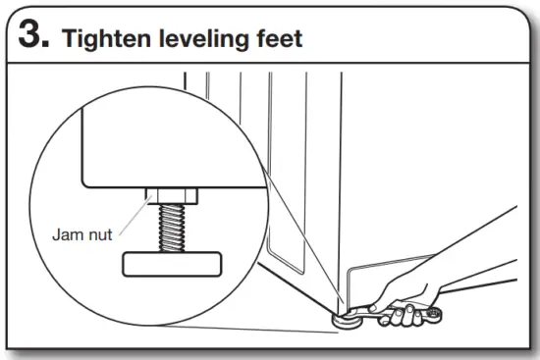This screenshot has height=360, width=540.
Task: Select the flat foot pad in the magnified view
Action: pyautogui.click(x=171, y=264)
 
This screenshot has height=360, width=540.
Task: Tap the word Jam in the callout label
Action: pyautogui.click(x=67, y=235)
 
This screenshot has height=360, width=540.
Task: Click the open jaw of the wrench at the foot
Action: pyautogui.click(x=357, y=312)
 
